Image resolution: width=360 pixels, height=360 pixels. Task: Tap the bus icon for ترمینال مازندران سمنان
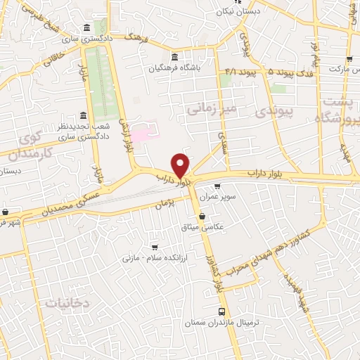click(x=222, y=311)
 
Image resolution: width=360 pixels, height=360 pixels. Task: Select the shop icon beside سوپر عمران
click(x=217, y=186)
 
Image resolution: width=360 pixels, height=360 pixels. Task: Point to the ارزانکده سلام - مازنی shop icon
click(x=155, y=247)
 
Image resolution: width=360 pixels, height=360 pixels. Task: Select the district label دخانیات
click(x=67, y=302)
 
